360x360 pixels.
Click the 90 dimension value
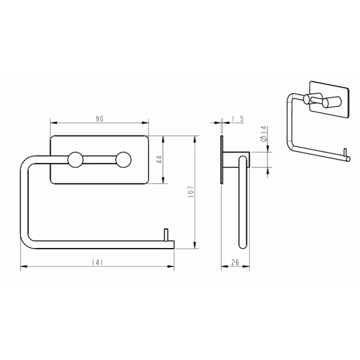pos(99,119)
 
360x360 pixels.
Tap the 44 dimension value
pos(159,159)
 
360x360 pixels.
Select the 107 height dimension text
pos(191,192)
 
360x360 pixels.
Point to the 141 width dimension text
pos(97,262)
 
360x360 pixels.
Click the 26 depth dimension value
pos(235,262)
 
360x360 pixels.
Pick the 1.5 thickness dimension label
pos(238,119)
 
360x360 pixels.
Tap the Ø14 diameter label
pos(264,134)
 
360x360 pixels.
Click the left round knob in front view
pos(75,159)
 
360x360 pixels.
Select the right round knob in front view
pos(123,159)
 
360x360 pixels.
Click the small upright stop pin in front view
pos(166,235)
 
